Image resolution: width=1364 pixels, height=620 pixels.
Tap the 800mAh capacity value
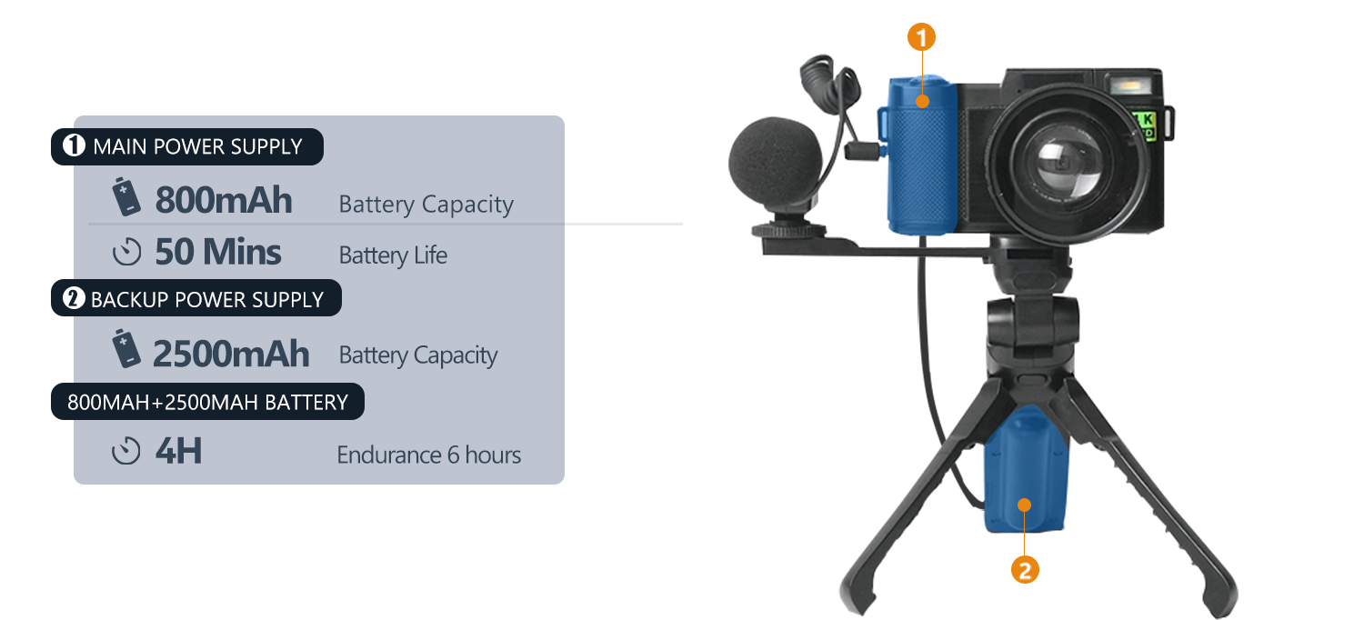[x=224, y=201]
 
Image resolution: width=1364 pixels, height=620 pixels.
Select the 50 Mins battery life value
[x=218, y=252]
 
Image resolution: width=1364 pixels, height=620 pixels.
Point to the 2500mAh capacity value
[x=231, y=354]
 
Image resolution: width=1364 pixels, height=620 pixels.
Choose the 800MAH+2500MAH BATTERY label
[x=207, y=402]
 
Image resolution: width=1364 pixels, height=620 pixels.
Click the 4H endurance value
[x=178, y=451]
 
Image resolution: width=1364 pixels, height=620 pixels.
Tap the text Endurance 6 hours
[x=428, y=455]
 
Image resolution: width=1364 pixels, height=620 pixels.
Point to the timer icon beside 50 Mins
[x=126, y=252]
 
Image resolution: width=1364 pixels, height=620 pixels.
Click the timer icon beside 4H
[x=126, y=451]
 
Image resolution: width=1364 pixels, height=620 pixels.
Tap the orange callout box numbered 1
[x=921, y=38]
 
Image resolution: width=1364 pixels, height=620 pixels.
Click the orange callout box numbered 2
[x=1025, y=571]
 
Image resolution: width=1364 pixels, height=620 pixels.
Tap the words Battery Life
[x=393, y=255]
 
